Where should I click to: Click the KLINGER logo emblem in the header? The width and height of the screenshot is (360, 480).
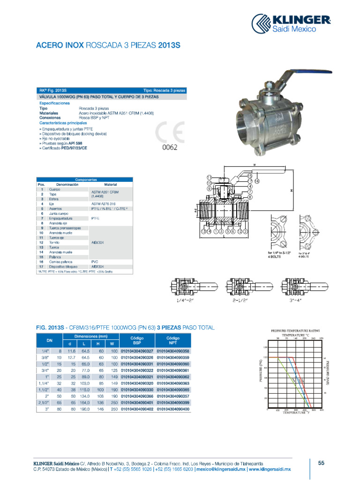pyautogui.click(x=262, y=24)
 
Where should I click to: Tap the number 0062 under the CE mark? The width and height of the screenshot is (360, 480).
pyautogui.click(x=170, y=147)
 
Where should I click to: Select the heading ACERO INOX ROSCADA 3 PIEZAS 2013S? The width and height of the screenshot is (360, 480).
pyautogui.click(x=108, y=45)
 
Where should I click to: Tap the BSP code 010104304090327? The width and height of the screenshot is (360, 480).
pyautogui.click(x=137, y=351)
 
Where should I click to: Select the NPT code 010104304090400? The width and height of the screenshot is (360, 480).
pyautogui.click(x=173, y=409)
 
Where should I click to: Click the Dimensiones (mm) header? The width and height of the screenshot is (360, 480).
pyautogui.click(x=91, y=337)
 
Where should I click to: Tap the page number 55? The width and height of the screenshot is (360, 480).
pyautogui.click(x=321, y=464)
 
